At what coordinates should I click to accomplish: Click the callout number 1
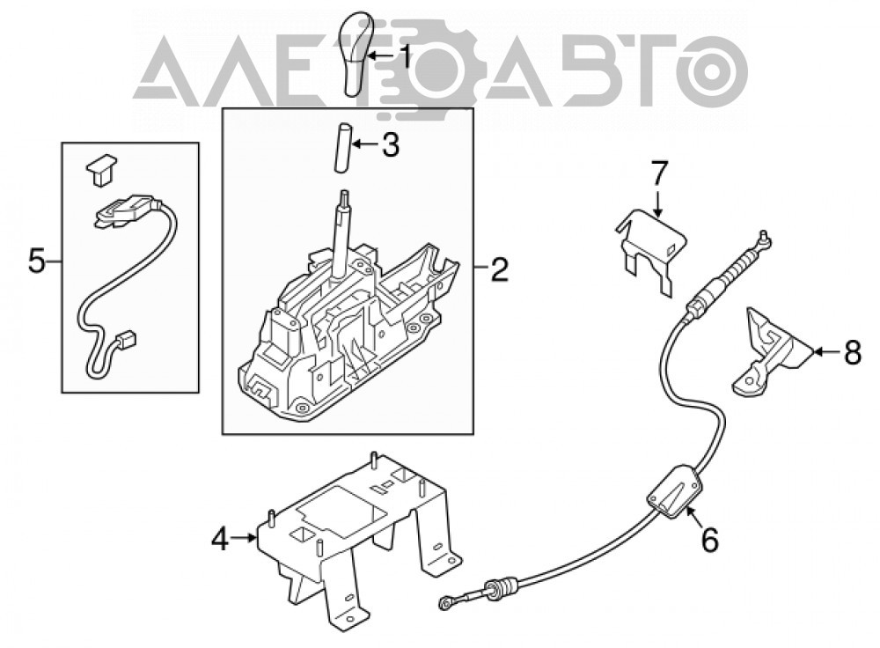click(x=404, y=55)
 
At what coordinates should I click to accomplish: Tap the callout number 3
click(x=390, y=145)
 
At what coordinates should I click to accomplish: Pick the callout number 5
click(x=36, y=261)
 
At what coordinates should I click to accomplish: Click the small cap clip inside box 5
click(x=101, y=169)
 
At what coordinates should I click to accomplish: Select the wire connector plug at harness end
click(x=128, y=340)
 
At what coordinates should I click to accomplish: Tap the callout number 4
click(x=221, y=540)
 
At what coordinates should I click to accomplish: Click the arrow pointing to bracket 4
click(x=244, y=538)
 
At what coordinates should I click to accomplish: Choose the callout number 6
click(x=710, y=541)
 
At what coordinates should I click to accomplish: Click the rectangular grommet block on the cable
click(x=675, y=490)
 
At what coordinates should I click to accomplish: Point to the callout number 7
click(x=658, y=173)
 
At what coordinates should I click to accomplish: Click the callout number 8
click(x=852, y=353)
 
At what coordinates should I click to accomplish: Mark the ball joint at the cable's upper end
click(x=764, y=238)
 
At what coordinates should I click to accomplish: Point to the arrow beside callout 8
click(x=826, y=352)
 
